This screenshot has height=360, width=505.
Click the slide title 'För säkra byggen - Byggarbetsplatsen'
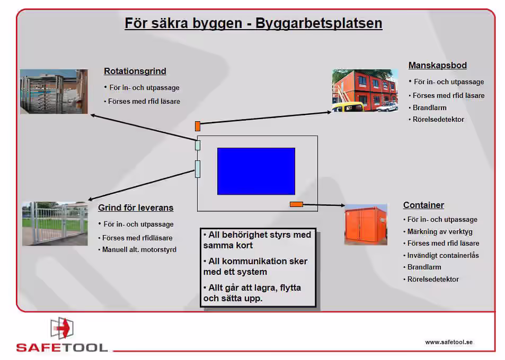click(x=253, y=24)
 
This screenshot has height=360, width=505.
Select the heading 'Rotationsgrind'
click(x=135, y=71)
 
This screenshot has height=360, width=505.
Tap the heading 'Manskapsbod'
click(x=437, y=66)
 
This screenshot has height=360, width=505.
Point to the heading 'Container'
click(x=423, y=205)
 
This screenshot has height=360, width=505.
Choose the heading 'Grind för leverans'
click(x=136, y=208)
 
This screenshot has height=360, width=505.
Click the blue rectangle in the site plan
click(x=256, y=171)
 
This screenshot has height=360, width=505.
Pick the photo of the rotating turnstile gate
click(x=54, y=91)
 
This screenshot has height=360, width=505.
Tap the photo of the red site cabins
click(x=365, y=91)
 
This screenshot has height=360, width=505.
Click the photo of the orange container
click(x=366, y=225)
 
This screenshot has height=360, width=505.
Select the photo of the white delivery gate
click(x=55, y=223)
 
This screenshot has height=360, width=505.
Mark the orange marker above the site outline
click(x=198, y=126)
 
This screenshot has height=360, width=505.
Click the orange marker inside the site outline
click(x=296, y=204)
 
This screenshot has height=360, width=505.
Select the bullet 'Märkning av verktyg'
click(x=440, y=231)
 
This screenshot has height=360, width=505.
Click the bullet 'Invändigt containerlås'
click(x=443, y=255)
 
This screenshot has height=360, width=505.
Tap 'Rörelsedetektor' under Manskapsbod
click(x=439, y=120)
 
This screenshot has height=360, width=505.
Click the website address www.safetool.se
click(x=448, y=342)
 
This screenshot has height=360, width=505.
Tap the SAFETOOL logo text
click(x=62, y=348)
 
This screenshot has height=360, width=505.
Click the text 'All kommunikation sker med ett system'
click(x=255, y=266)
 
